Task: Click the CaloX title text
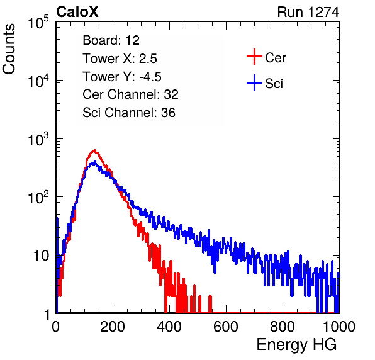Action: [x=77, y=12]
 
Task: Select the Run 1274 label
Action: [x=308, y=12]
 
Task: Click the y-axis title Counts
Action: [x=9, y=49]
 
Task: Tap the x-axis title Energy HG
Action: [x=296, y=345]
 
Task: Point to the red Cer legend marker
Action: [x=254, y=57]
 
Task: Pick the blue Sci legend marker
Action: [x=254, y=83]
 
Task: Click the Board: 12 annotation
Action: [x=111, y=40]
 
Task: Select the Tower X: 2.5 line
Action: [x=120, y=59]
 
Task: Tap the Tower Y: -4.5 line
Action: [x=122, y=77]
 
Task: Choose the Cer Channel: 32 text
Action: [x=131, y=94]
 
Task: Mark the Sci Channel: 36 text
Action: [x=129, y=113]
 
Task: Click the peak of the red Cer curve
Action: [x=94, y=150]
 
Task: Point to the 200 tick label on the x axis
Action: [x=113, y=327]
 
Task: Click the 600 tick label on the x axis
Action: [x=226, y=327]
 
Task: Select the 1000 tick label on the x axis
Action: [x=339, y=327]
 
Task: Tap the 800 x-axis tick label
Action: [x=283, y=327]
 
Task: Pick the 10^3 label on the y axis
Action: [x=38, y=138]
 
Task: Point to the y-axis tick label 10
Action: [x=42, y=256]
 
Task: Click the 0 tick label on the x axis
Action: [x=56, y=327]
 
